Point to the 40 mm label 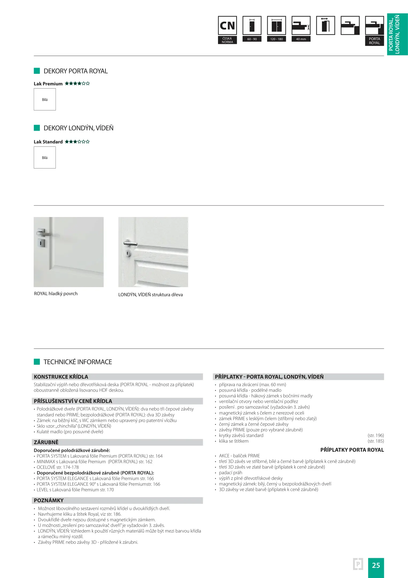pyautogui.click(x=301, y=39)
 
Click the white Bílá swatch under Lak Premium pyautogui.click(x=45, y=100)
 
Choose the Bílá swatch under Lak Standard pyautogui.click(x=45, y=158)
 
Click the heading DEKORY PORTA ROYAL pyautogui.click(x=76, y=71)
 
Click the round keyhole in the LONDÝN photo pyautogui.click(x=128, y=253)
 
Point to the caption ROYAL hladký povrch pyautogui.click(x=56, y=294)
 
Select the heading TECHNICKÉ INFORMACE pyautogui.click(x=77, y=362)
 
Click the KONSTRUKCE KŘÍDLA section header pyautogui.click(x=61, y=377)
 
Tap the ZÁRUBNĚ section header pyautogui.click(x=46, y=442)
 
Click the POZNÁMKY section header pyautogui.click(x=49, y=500)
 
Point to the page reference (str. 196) pyautogui.click(x=375, y=435)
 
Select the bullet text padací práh pyautogui.click(x=230, y=473)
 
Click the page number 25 pyautogui.click(x=376, y=565)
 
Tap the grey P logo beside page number pyautogui.click(x=358, y=564)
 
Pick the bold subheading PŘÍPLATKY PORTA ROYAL pyautogui.click(x=352, y=450)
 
